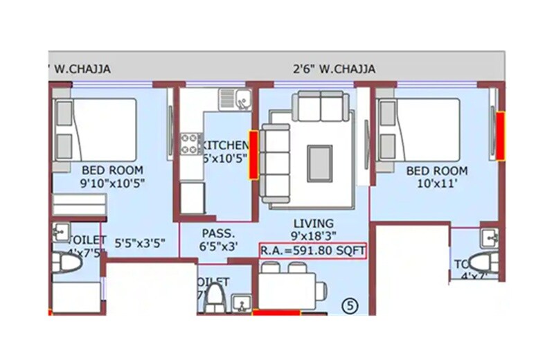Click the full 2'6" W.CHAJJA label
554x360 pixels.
(x=334, y=69)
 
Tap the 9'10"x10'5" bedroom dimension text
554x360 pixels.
(x=111, y=183)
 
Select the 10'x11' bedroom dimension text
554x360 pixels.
(x=436, y=183)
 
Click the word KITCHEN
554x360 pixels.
(x=223, y=145)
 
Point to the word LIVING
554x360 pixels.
(x=313, y=223)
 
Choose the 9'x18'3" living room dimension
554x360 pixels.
(x=313, y=235)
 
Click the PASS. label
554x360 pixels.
(x=219, y=233)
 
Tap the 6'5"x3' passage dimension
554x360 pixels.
(x=219, y=246)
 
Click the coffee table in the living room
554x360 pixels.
(x=319, y=163)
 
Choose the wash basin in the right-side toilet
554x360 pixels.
(x=490, y=237)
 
